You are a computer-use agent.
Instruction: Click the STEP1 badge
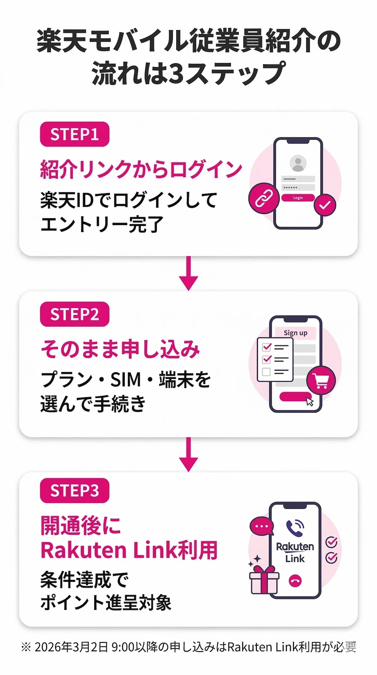click(74, 134)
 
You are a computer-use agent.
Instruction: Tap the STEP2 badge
click(74, 314)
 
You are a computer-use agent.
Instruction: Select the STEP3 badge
click(74, 490)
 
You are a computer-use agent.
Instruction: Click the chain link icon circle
click(264, 198)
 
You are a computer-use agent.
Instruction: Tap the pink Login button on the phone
click(298, 198)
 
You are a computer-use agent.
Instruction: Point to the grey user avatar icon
click(298, 163)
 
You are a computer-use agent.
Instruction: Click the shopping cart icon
click(321, 381)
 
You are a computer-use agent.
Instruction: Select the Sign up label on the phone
click(295, 333)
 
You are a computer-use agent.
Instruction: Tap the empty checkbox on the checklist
click(266, 372)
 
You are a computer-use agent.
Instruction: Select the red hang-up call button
click(295, 580)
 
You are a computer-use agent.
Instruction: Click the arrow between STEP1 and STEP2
click(188, 273)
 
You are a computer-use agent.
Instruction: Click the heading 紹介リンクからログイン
click(141, 169)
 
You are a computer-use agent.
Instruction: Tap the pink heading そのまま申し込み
click(120, 349)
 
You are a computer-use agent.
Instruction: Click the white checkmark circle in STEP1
click(325, 205)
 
